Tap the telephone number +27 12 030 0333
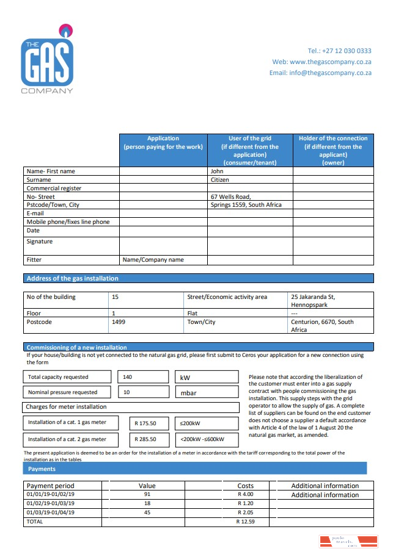pyautogui.click(x=339, y=51)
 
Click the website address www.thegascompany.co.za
pyautogui.click(x=330, y=62)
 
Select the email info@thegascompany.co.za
pyautogui.click(x=320, y=73)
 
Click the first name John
pyautogui.click(x=218, y=171)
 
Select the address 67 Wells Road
pyautogui.click(x=231, y=196)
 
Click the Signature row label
pyautogui.click(x=40, y=242)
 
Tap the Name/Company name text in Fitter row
pyautogui.click(x=153, y=260)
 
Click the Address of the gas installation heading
pyautogui.click(x=72, y=278)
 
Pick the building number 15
pyautogui.click(x=115, y=297)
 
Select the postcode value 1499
pyautogui.click(x=119, y=322)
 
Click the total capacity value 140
pyautogui.click(x=128, y=378)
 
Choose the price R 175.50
pyautogui.click(x=145, y=423)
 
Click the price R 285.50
pyautogui.click(x=145, y=439)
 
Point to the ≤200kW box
pyautogui.click(x=207, y=423)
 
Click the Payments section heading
pyautogui.click(x=42, y=469)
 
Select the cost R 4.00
pyautogui.click(x=246, y=494)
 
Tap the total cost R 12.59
pyautogui.click(x=246, y=522)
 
